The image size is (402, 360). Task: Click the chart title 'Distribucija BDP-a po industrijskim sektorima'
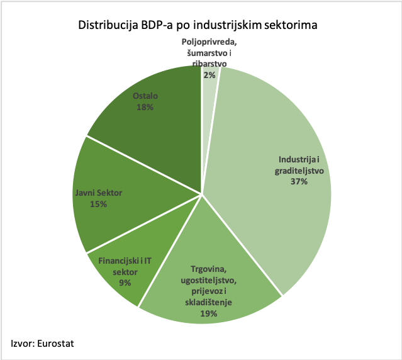(x=197, y=26)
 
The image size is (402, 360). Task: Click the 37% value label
(x=299, y=182)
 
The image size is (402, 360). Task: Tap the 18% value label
(x=145, y=107)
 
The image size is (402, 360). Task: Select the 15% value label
(x=98, y=205)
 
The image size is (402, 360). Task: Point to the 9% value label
(x=125, y=283)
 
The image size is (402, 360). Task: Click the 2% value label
(x=209, y=74)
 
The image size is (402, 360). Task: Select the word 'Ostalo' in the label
(x=145, y=96)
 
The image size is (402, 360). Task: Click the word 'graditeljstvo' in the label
(x=299, y=171)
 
